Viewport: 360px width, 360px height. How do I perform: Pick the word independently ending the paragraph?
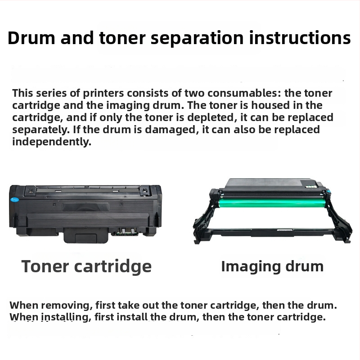click(52, 142)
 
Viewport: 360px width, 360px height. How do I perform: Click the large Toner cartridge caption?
click(86, 266)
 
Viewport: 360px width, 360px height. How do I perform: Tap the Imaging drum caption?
click(272, 266)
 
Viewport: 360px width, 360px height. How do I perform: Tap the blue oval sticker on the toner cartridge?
click(15, 198)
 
